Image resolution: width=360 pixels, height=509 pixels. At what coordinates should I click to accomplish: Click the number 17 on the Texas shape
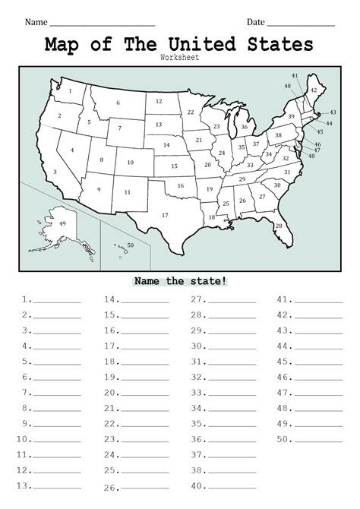pyautogui.click(x=165, y=215)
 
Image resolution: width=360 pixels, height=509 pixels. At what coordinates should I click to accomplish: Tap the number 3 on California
pyautogui.click(x=55, y=172)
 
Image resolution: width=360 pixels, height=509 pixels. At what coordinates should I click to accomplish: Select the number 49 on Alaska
pyautogui.click(x=62, y=223)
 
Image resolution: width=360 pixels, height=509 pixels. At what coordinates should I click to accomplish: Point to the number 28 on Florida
pyautogui.click(x=279, y=226)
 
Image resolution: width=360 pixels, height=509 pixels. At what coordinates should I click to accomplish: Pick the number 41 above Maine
pyautogui.click(x=295, y=76)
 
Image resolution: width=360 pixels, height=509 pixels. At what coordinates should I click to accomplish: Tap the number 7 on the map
pyautogui.click(x=118, y=128)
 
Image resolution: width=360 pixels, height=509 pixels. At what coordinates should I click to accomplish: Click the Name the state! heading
pyautogui.click(x=179, y=280)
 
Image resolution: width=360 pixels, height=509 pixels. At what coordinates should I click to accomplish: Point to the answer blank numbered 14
pyautogui.click(x=147, y=301)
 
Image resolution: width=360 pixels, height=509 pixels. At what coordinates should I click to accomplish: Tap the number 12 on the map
pyautogui.click(x=159, y=101)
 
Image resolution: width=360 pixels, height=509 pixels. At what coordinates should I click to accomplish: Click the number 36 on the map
pyautogui.click(x=244, y=127)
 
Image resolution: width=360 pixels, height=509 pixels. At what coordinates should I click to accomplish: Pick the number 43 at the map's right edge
pyautogui.click(x=333, y=112)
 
